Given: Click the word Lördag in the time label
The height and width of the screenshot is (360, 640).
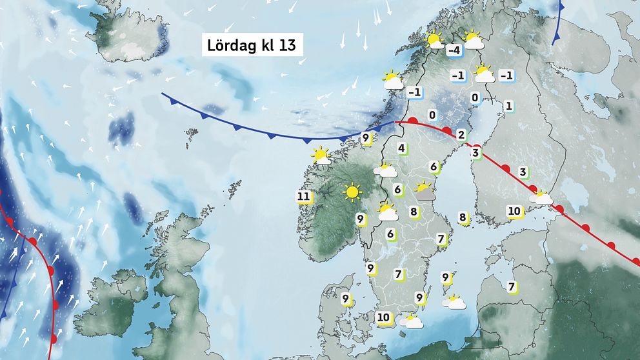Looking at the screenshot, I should tap(229, 46).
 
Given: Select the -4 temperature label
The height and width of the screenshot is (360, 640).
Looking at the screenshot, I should tap(454, 50).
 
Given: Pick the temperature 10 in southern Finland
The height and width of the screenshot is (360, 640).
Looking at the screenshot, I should tap(514, 211).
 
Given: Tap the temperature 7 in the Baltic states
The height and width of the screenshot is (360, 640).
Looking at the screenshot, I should tap(512, 286).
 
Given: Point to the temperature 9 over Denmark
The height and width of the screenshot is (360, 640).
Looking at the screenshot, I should tap(346, 299).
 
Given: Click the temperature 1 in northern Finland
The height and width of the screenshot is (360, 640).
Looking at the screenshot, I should tap(508, 106).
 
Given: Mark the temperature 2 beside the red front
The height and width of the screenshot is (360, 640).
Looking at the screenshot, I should tap(461, 135).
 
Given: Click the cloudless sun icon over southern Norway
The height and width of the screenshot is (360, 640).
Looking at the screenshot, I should tap(352, 192).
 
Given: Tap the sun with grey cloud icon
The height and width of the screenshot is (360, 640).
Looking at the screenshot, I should tap(424, 189).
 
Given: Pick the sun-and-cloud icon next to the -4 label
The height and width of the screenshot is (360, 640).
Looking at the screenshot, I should tap(474, 40).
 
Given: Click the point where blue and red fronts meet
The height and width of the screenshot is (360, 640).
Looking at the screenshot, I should tap(395, 121).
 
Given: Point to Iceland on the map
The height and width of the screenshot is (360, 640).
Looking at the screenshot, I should tap(133, 35).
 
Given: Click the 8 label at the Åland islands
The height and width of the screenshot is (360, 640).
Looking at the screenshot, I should tap(463, 218).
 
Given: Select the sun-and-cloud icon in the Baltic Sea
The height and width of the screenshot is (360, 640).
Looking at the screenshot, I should tap(454, 301).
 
